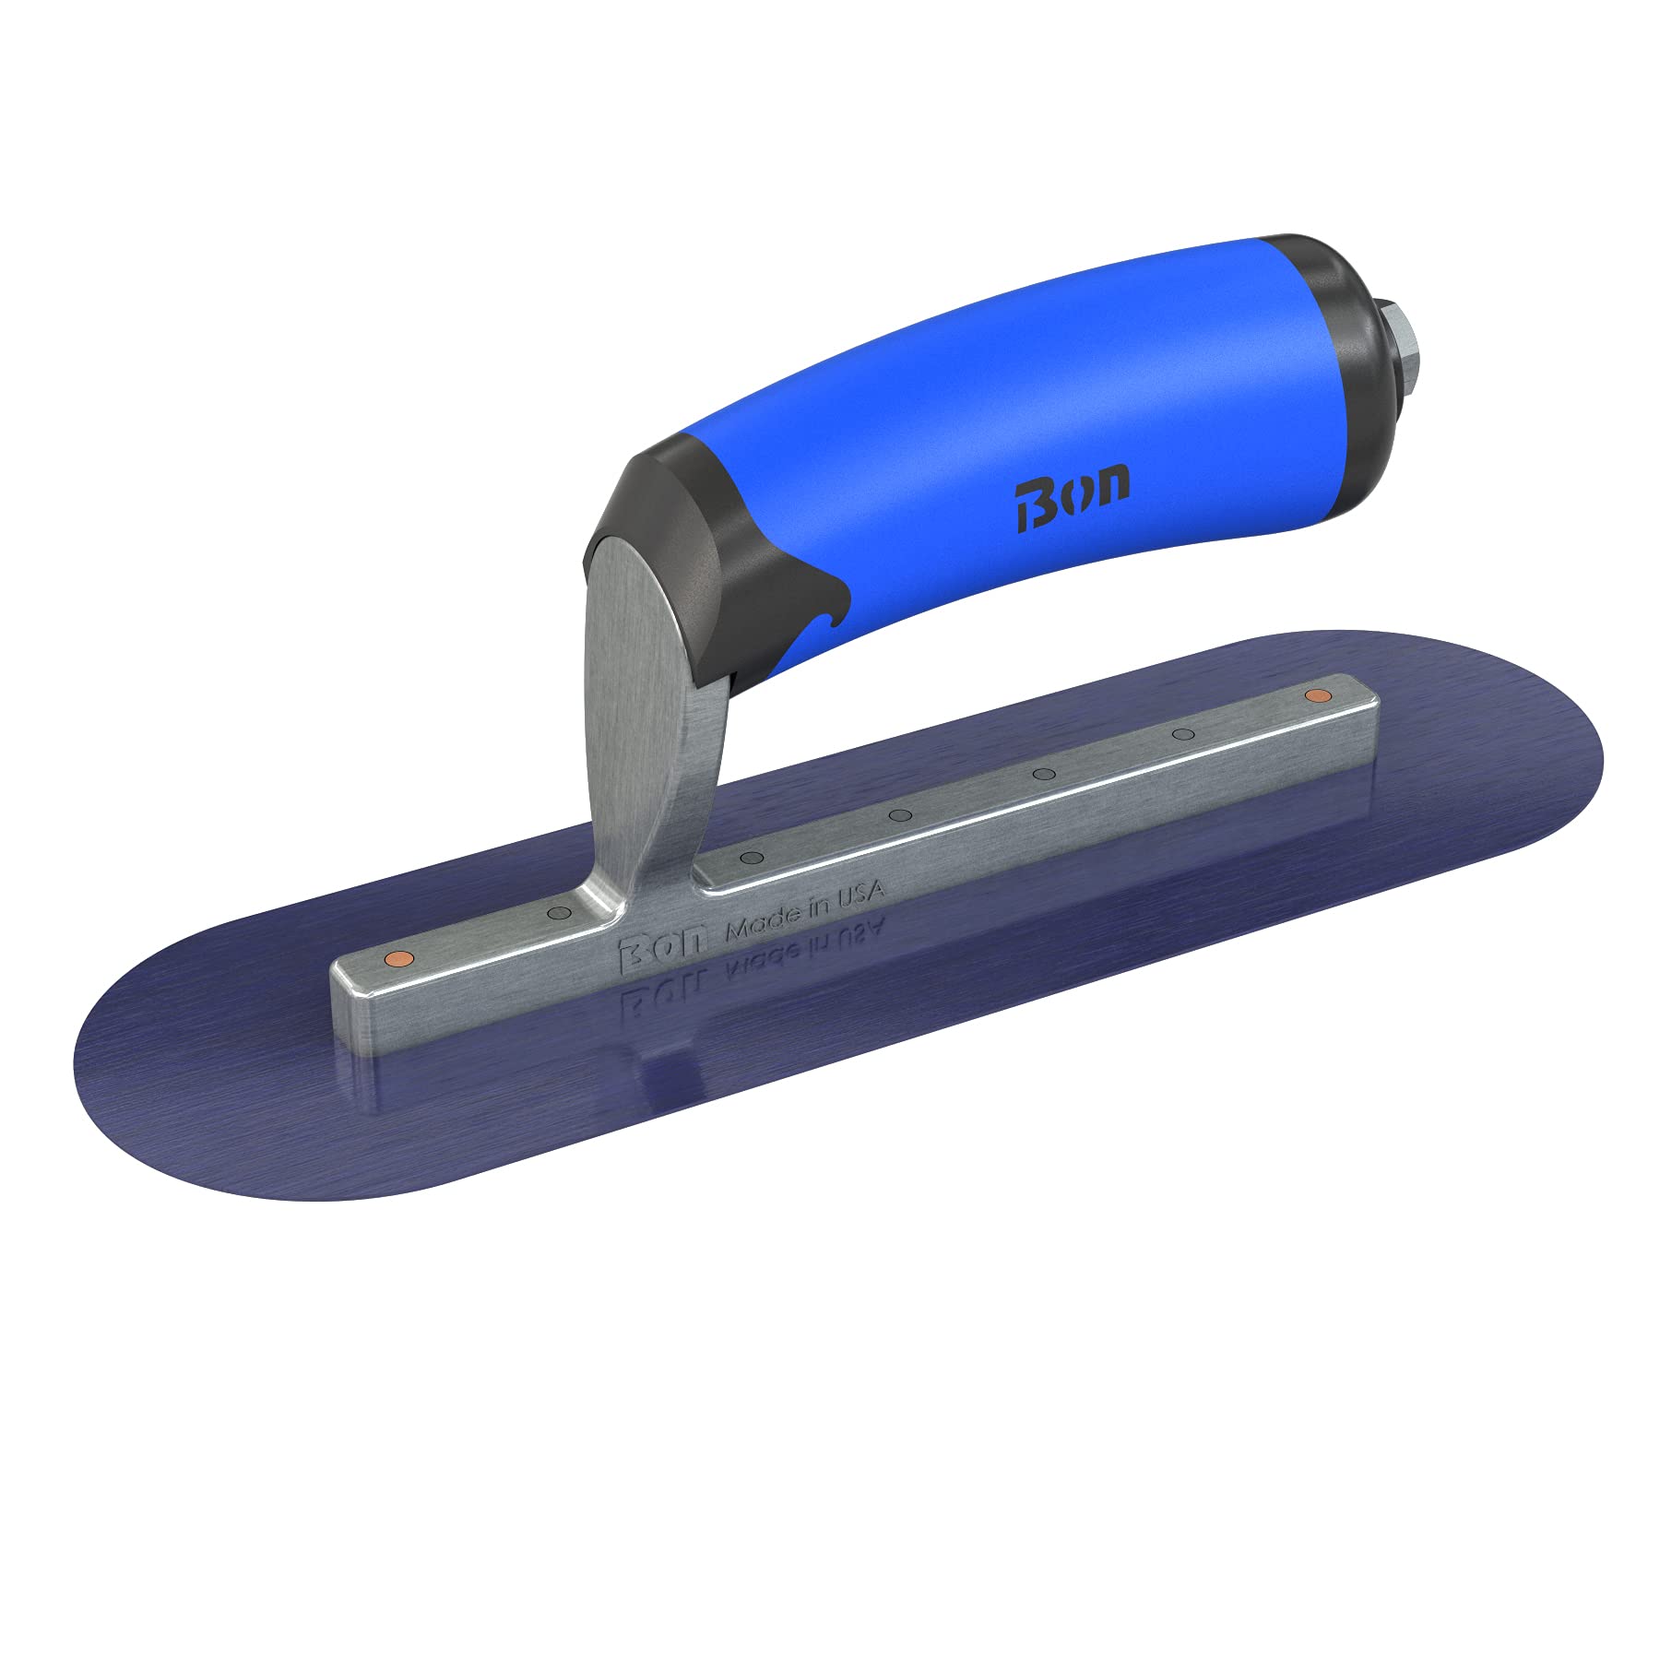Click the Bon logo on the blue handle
click(1073, 504)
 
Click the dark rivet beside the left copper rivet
click(556, 912)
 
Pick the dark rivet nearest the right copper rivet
click(1183, 735)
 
